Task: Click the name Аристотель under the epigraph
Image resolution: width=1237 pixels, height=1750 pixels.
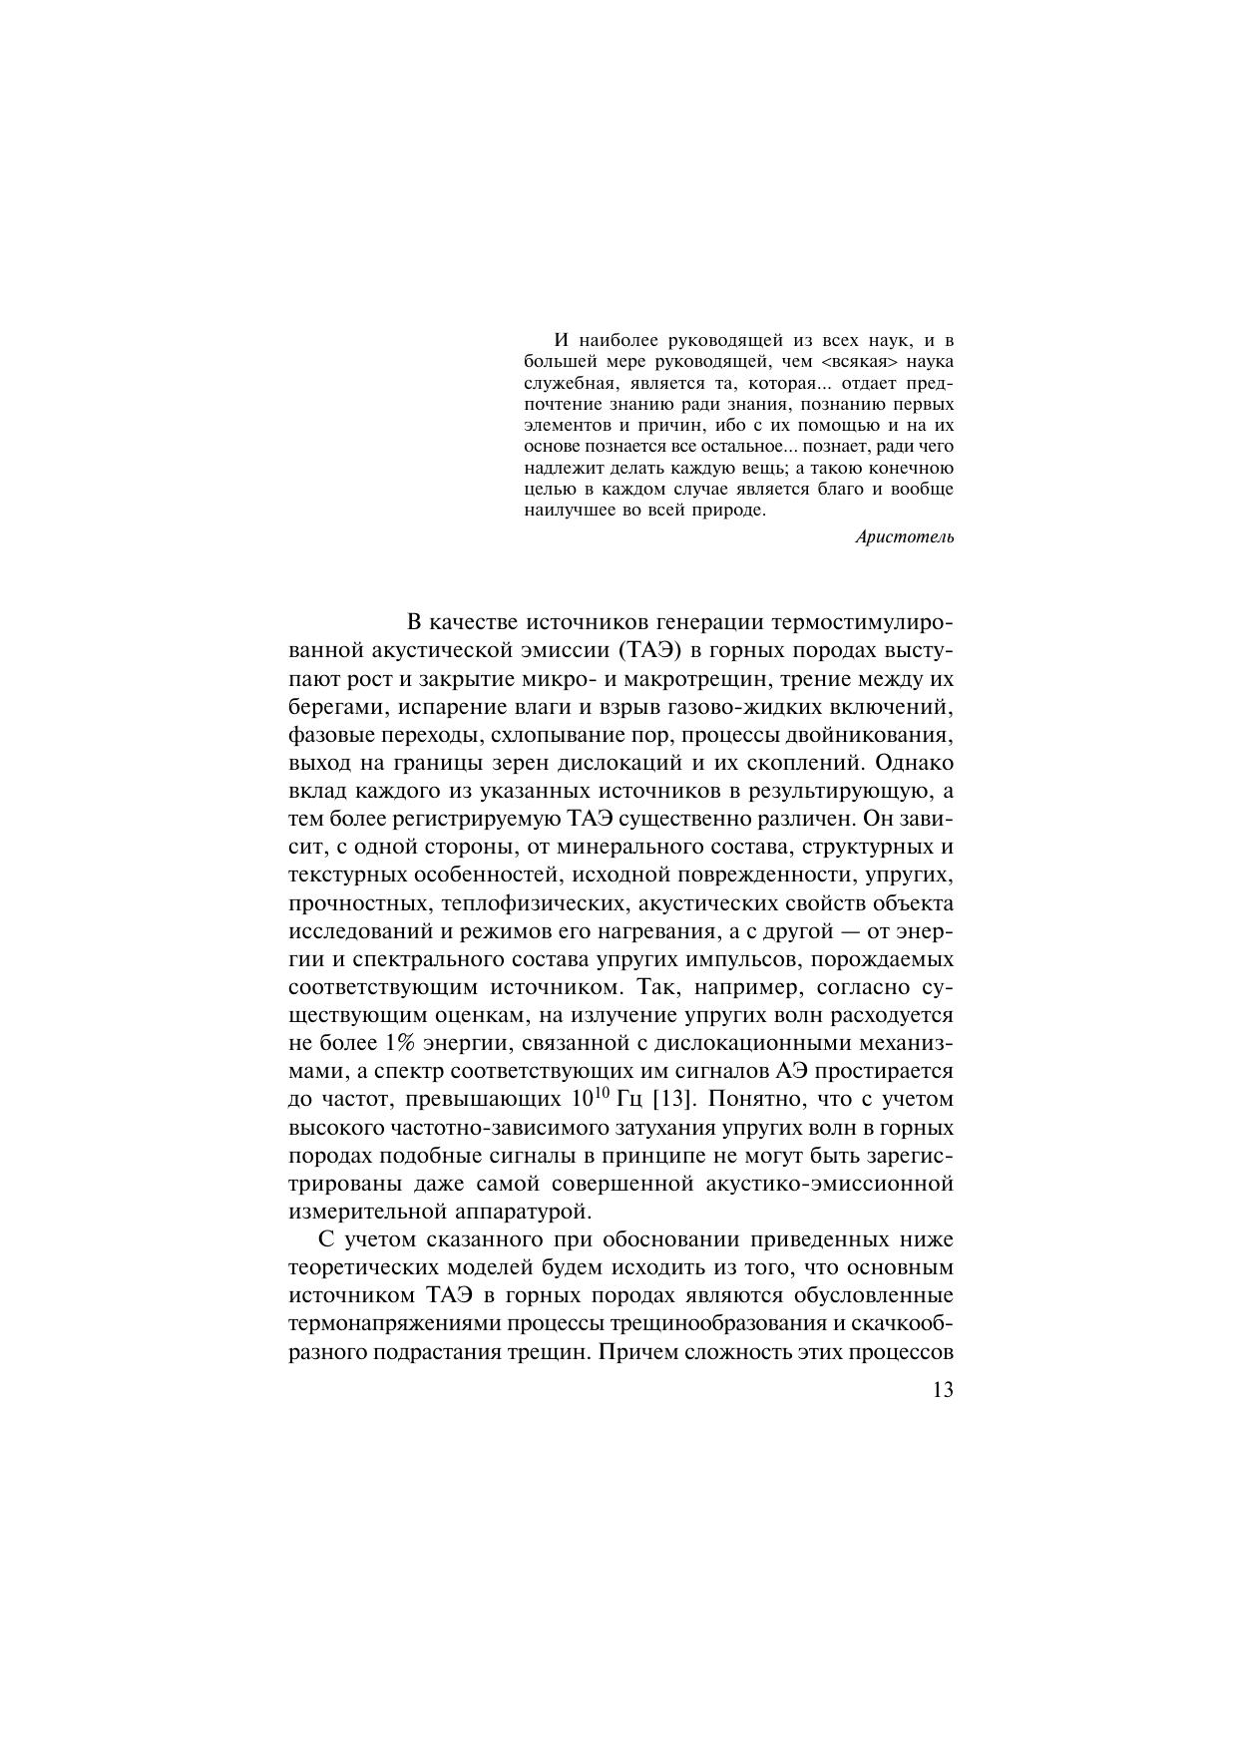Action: coord(904,537)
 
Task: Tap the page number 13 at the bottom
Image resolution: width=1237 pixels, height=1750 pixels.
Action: coord(942,1390)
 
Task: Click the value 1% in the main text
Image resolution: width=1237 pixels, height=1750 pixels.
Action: coord(395,1044)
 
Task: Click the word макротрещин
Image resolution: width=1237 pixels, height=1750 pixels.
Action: coord(681,680)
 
